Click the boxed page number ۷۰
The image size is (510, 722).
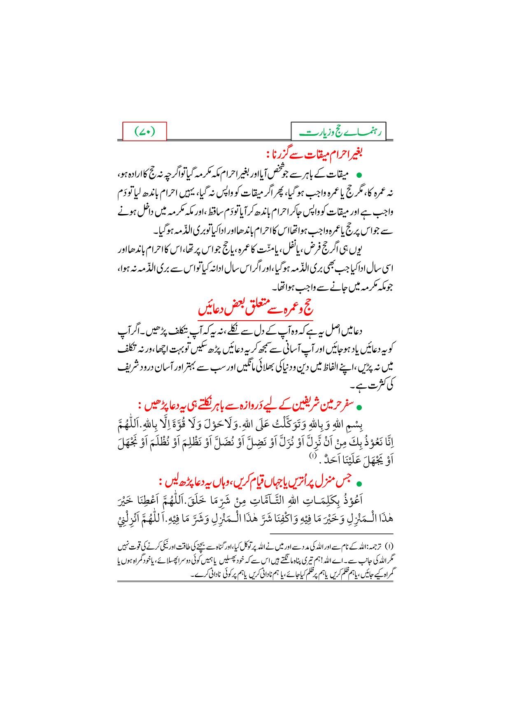pyautogui.click(x=145, y=132)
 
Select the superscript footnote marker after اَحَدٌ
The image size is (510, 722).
pyautogui.click(x=314, y=456)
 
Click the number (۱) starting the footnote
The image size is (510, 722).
pyautogui.click(x=391, y=546)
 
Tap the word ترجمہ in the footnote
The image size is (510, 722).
pyautogui.click(x=376, y=546)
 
